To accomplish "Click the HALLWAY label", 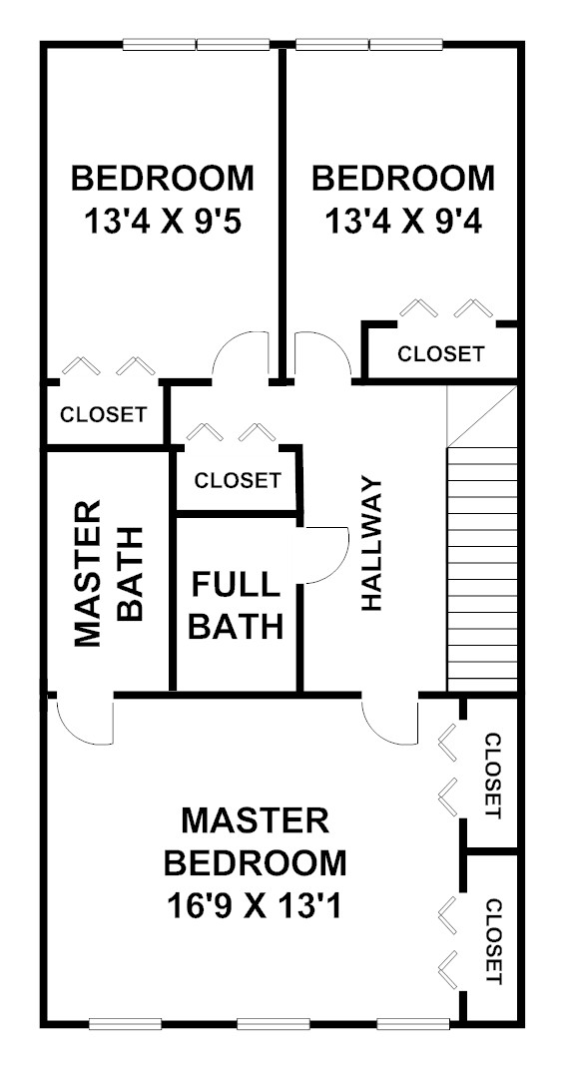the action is pyautogui.click(x=372, y=544).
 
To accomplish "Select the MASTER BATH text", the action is pyautogui.click(x=108, y=574).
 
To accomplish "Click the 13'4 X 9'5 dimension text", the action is pyautogui.click(x=164, y=222).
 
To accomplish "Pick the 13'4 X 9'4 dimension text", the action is pyautogui.click(x=402, y=222).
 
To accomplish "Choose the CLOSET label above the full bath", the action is pyautogui.click(x=237, y=480).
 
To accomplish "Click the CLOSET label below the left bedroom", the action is pyautogui.click(x=103, y=414).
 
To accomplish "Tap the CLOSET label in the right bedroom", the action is pyautogui.click(x=441, y=354).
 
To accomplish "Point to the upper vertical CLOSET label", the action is pyautogui.click(x=494, y=776).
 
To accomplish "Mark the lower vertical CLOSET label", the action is pyautogui.click(x=494, y=942).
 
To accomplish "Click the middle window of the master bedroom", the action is pyautogui.click(x=273, y=1023).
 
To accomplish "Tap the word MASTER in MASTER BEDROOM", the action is pyautogui.click(x=256, y=820).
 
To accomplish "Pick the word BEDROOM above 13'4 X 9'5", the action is pyautogui.click(x=164, y=179).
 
